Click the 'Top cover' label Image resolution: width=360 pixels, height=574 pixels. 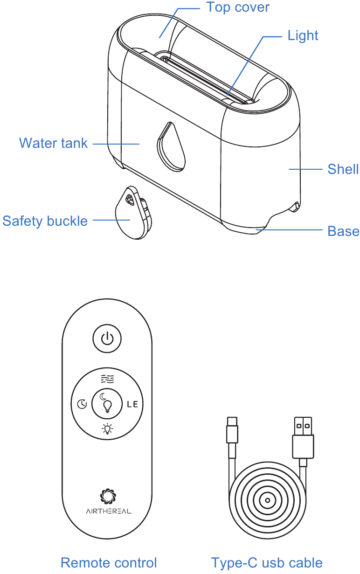click(x=238, y=7)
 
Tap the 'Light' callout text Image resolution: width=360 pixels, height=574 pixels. click(x=303, y=36)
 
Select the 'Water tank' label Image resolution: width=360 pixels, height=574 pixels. click(x=53, y=143)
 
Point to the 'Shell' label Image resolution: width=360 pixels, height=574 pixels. click(x=343, y=169)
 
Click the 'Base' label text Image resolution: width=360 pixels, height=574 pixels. click(x=343, y=231)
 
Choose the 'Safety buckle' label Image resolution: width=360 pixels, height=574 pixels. click(x=45, y=221)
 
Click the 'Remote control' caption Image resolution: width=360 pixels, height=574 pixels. click(x=109, y=562)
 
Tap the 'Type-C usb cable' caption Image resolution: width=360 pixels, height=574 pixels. click(x=267, y=562)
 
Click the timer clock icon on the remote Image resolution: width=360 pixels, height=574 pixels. click(x=82, y=404)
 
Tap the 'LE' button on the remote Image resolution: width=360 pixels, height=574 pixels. click(x=132, y=404)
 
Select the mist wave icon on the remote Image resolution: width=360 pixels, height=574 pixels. click(x=107, y=379)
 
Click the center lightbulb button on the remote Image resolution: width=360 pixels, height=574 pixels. click(x=107, y=404)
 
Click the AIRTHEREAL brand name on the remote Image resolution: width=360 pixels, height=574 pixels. click(x=109, y=511)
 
